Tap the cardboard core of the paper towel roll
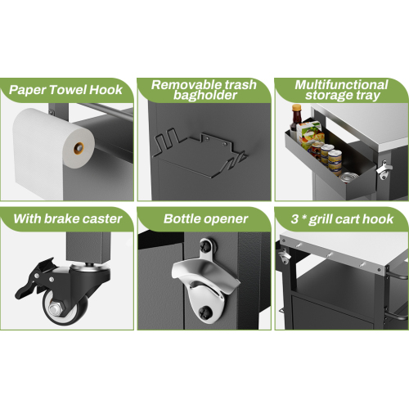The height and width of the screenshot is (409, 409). (x=79, y=148)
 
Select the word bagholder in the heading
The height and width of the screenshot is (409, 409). (x=205, y=95)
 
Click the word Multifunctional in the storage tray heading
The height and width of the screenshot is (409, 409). (x=341, y=85)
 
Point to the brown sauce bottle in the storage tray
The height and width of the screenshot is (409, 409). (x=296, y=119)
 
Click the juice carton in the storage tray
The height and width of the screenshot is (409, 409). (x=309, y=136)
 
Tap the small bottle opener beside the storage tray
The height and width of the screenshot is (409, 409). (x=384, y=169)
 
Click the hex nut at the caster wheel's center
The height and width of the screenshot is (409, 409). (x=56, y=308)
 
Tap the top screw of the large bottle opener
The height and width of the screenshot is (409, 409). (x=204, y=246)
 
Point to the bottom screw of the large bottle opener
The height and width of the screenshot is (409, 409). (x=204, y=312)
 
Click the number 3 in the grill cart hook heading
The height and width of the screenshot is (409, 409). (x=294, y=219)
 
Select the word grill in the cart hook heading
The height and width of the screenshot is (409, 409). (x=320, y=220)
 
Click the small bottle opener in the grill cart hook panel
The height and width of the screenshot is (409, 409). (x=284, y=257)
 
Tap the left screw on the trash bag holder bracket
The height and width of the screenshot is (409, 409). (x=207, y=138)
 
